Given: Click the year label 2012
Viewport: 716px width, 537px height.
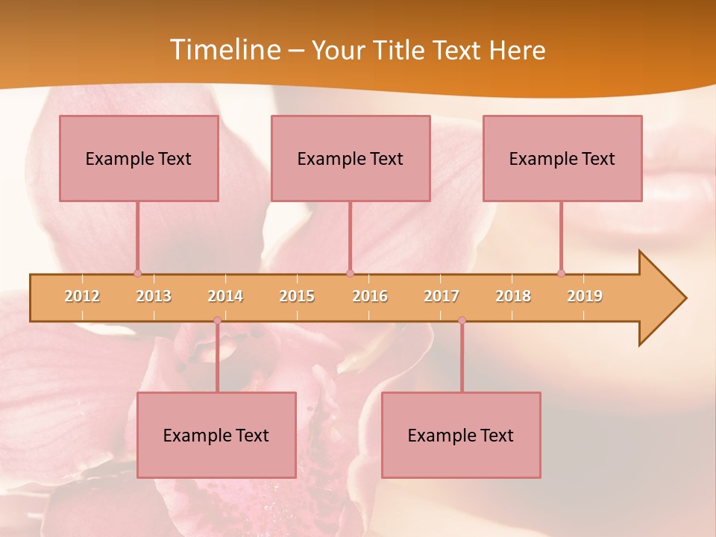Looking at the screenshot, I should (x=82, y=296).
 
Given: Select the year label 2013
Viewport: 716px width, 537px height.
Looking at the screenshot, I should (x=154, y=296).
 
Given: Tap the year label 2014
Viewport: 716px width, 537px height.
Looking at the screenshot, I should (x=225, y=296).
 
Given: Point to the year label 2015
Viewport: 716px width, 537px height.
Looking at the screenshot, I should (x=297, y=296).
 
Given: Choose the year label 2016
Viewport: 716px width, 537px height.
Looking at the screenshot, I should (x=370, y=296).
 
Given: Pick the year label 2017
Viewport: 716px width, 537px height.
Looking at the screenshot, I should (x=442, y=296).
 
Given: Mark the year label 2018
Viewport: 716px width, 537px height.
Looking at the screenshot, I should (x=513, y=296).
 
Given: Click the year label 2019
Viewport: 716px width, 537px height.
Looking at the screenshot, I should (x=585, y=296).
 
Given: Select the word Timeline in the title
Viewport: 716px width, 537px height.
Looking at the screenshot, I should (x=223, y=50).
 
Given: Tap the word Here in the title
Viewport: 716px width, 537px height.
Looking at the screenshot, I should (x=517, y=50).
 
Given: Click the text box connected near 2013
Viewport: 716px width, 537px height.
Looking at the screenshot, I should (x=139, y=158).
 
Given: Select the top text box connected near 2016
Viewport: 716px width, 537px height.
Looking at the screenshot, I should (x=351, y=158).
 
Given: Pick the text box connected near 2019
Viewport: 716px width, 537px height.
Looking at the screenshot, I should (x=562, y=158).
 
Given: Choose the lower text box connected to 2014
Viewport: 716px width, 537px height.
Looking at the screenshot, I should (x=216, y=435).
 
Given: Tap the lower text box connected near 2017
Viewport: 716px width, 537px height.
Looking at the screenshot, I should (x=461, y=435).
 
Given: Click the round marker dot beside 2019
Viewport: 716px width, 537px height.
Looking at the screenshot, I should (x=561, y=273).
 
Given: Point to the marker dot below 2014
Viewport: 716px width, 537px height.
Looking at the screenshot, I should (x=217, y=321).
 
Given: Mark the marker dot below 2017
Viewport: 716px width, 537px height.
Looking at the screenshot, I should (x=462, y=321).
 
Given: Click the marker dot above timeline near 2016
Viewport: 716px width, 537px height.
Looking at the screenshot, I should (x=350, y=273).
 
